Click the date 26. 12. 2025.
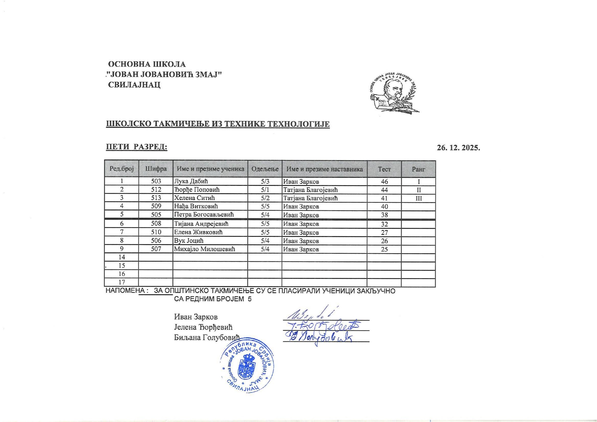coord(458,148)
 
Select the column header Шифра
coord(156,169)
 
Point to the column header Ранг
coord(419,169)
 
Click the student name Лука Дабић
coord(191,181)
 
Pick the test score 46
coord(384,182)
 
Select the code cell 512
coord(156,190)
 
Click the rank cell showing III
coord(419,198)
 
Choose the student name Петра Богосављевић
coord(204,214)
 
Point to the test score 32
coord(384,224)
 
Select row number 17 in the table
coord(122,282)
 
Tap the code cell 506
coord(156,241)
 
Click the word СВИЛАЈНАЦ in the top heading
coord(134,85)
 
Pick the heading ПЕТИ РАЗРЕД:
coord(137,147)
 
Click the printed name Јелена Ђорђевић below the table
coord(203,327)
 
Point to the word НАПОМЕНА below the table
coord(125,291)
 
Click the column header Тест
coord(384,169)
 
